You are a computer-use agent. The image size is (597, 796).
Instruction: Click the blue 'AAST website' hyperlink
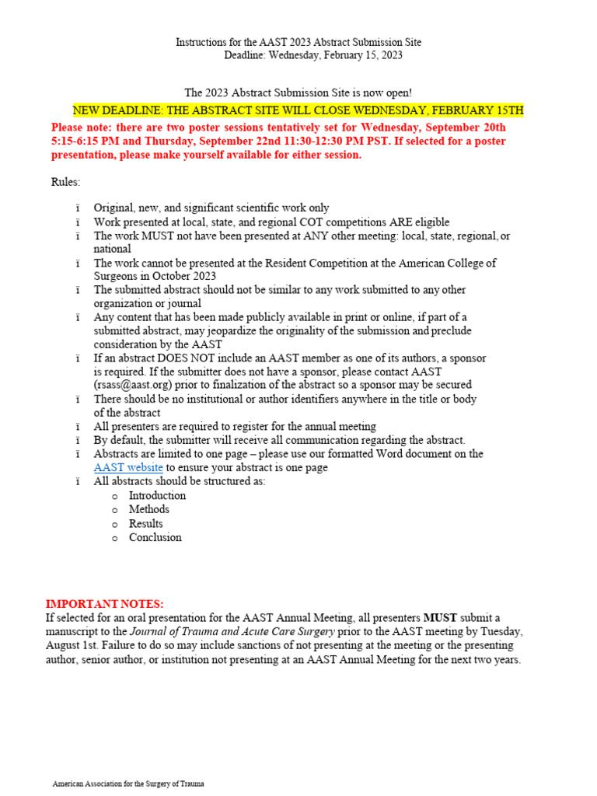pos(128,468)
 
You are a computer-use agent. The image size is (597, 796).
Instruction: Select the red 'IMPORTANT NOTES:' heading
pos(105,604)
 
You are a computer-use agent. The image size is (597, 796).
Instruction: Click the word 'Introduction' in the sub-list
pos(157,496)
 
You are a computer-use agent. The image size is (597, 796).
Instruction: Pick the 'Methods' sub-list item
pos(148,510)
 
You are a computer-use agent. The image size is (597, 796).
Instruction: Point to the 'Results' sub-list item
pos(146,524)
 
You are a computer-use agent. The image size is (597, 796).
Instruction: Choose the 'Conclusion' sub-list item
pos(155,538)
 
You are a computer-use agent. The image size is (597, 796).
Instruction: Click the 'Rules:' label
pos(65,182)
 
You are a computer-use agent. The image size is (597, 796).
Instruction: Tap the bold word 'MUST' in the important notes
pos(440,618)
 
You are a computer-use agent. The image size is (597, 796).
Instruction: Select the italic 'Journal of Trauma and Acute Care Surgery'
pos(231,632)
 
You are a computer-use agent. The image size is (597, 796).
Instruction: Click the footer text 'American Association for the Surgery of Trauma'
pos(128,784)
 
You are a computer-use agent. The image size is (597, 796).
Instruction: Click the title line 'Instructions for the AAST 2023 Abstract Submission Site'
pos(298,42)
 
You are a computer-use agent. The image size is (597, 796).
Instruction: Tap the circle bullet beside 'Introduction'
pos(114,496)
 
